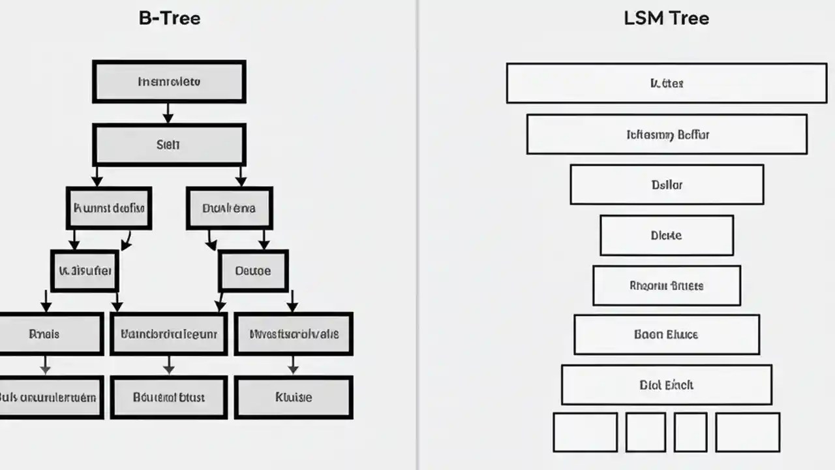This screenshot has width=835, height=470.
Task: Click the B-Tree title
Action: [x=169, y=18]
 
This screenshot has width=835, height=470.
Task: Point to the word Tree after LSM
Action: [x=688, y=18]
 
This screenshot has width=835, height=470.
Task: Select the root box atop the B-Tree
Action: [x=169, y=82]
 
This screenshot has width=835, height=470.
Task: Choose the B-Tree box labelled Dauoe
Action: [x=252, y=271]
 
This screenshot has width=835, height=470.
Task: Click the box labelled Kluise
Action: [x=293, y=397]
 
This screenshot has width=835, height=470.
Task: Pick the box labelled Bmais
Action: [x=46, y=334]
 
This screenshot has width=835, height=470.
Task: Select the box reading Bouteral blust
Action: [x=168, y=397]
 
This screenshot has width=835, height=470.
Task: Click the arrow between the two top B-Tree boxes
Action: [x=168, y=113]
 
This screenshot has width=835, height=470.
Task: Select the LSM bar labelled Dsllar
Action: [x=667, y=185]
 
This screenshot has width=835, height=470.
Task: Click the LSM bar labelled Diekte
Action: [x=667, y=235]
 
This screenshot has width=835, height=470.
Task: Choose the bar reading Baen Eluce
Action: [x=667, y=334]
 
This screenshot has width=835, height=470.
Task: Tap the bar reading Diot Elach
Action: [x=667, y=385]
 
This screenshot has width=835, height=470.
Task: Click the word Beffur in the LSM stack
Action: [x=693, y=135]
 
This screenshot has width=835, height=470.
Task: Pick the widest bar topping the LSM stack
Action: [x=667, y=83]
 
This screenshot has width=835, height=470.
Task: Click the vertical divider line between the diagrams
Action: [x=417, y=235]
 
